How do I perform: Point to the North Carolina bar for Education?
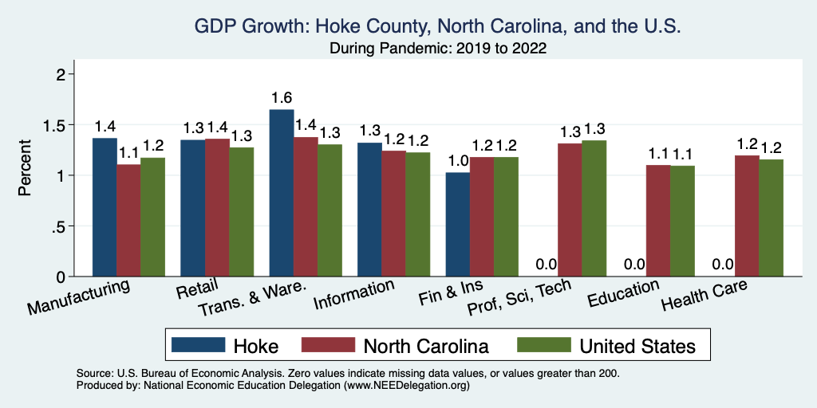tap(657, 220)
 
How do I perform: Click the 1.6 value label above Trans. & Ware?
tap(282, 98)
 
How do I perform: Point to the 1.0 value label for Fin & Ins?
tap(457, 160)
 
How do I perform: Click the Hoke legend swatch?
tap(198, 345)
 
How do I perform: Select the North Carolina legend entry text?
tap(425, 346)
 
